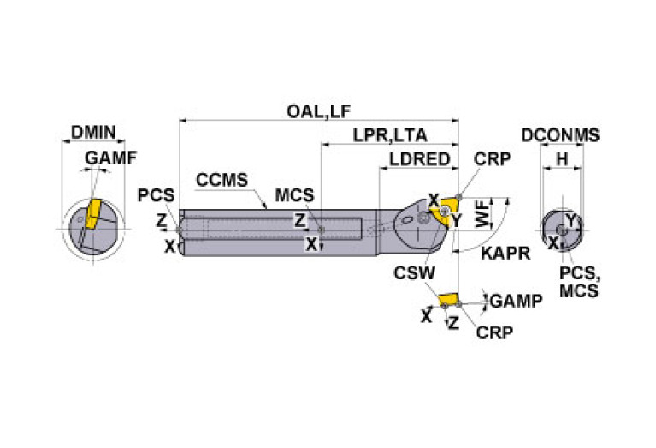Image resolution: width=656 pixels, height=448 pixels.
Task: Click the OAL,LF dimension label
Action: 319,111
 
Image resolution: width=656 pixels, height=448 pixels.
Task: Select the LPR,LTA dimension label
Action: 390,135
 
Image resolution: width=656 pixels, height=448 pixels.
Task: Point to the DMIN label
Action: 92,133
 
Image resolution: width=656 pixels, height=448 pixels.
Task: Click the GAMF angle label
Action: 110,158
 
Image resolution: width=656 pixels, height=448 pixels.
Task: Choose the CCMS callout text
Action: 222,181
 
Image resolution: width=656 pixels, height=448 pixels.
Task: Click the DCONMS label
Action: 560,135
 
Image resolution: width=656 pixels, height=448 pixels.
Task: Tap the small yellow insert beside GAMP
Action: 446,300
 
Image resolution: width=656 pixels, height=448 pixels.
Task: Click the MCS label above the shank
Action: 294,195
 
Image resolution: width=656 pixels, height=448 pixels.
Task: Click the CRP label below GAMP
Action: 494,332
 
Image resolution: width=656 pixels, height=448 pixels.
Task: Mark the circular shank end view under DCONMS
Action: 560,229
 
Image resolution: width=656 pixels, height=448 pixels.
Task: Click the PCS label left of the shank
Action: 156,195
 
